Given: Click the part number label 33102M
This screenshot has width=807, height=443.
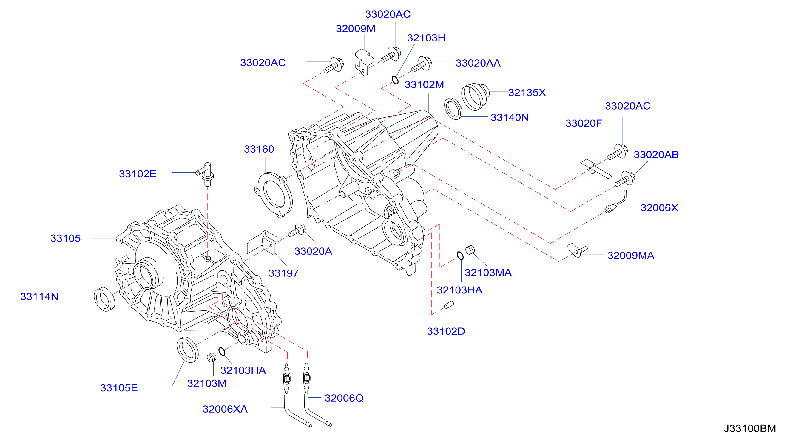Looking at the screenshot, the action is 424,85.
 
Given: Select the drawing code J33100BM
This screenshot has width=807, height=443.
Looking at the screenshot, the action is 750,428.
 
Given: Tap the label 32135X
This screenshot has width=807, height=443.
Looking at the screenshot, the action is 527,93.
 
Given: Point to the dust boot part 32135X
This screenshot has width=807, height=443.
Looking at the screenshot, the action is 475,96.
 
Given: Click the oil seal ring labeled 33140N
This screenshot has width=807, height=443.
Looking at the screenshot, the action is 453,108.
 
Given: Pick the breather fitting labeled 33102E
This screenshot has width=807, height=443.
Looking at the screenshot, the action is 206,174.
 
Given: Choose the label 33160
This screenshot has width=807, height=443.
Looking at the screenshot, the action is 259,149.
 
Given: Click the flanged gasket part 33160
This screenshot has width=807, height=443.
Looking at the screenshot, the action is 274,195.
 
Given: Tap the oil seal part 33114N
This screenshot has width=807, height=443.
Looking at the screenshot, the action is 104,299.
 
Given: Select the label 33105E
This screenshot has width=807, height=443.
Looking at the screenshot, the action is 119,388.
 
